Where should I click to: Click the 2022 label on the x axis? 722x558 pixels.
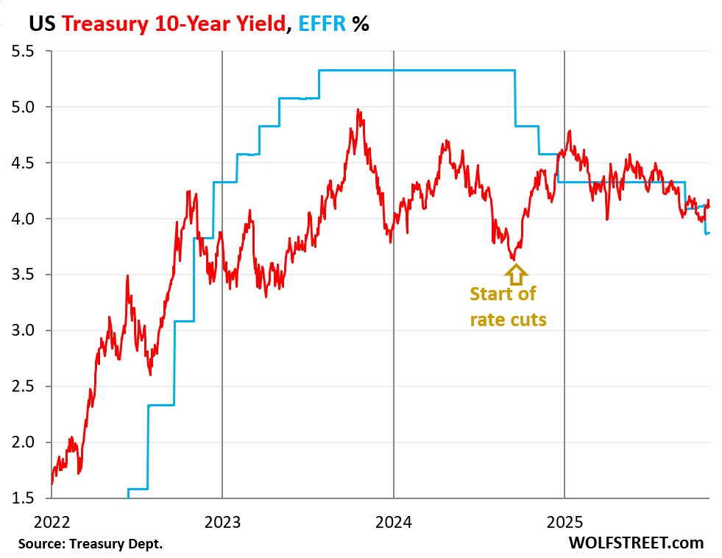coord(52,523)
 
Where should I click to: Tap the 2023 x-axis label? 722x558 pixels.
coord(222,523)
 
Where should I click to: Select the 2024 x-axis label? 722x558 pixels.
coord(394,523)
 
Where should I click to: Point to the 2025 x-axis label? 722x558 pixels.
coord(564,523)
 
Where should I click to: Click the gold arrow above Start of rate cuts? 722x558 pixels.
coord(514,274)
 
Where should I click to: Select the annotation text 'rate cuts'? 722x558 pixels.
coord(509,319)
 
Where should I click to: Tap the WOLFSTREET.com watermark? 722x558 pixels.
coord(636,543)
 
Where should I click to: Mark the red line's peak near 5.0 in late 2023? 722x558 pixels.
coord(358,110)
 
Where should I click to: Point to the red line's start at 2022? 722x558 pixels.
coord(52,483)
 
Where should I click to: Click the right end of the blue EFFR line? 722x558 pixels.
coord(709,233)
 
